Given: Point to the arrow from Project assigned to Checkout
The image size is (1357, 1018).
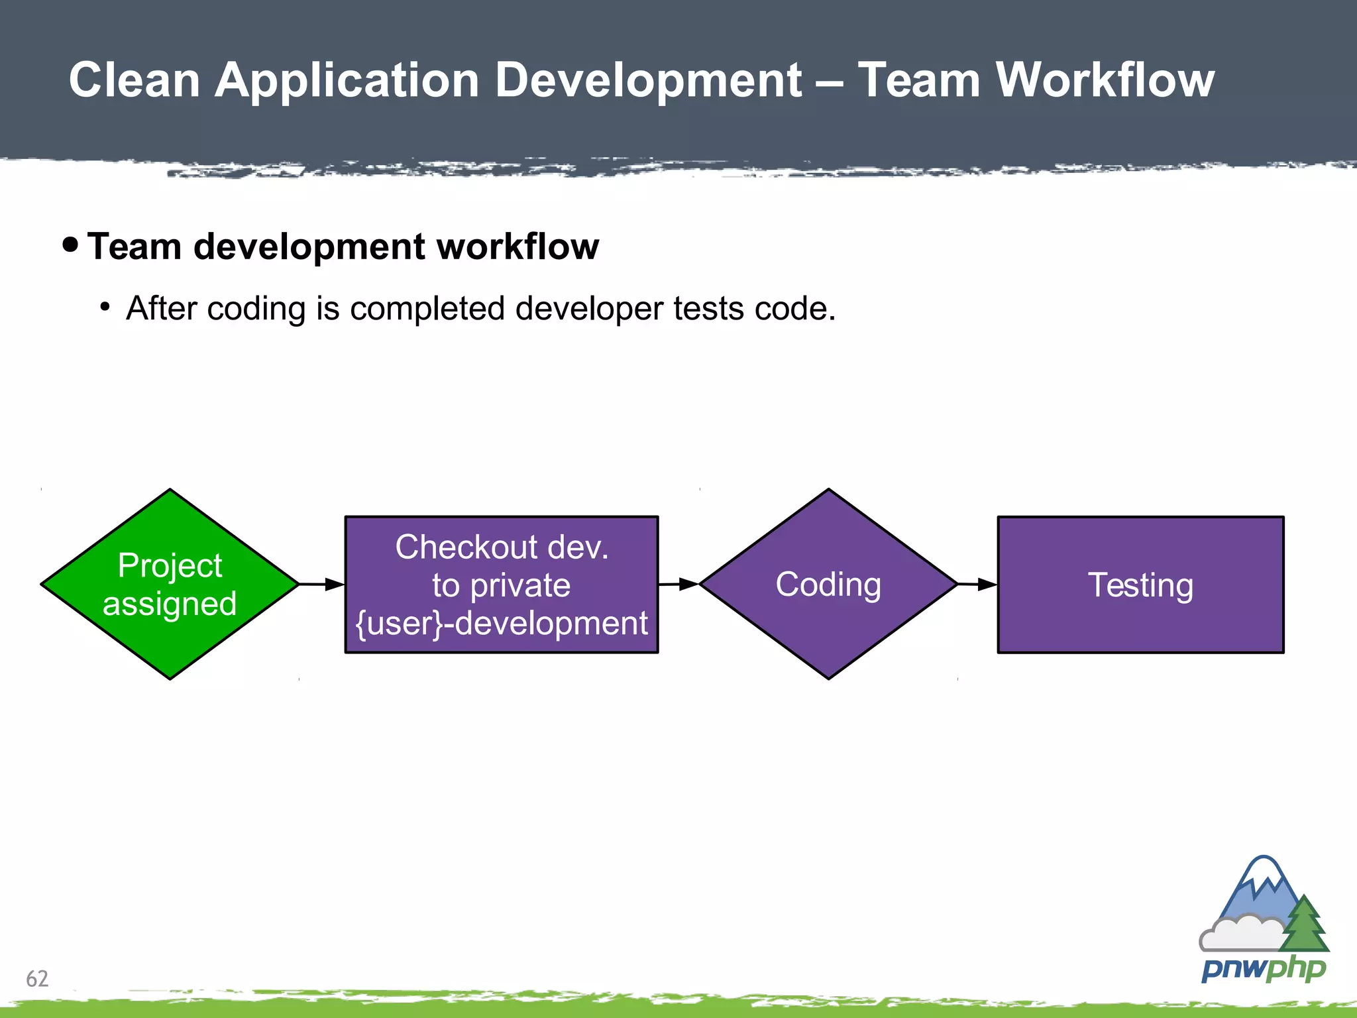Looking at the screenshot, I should (321, 585).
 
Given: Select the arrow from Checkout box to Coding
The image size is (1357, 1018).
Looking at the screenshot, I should (678, 585).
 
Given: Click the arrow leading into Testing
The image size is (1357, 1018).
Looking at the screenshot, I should (977, 585).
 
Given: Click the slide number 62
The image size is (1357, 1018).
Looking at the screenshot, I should (37, 978).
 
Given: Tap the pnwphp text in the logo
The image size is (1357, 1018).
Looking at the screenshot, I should (1263, 969).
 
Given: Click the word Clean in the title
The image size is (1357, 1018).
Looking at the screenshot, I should (135, 80).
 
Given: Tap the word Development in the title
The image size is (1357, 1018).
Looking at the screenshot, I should (649, 80).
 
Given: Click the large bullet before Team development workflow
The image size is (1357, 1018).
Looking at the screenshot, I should (70, 245).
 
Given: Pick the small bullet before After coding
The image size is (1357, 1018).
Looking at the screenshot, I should (105, 307).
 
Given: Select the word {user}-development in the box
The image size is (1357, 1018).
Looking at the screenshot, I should (502, 624).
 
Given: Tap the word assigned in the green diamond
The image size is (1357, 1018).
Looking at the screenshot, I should (170, 604).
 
